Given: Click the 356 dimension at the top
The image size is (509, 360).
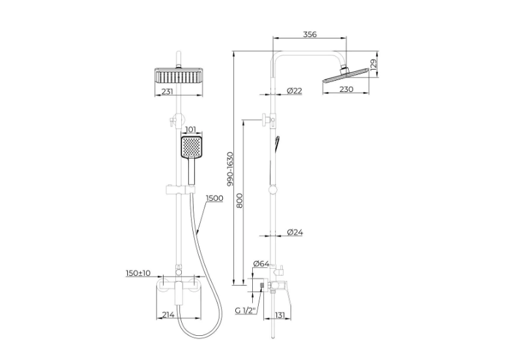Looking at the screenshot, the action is [x=310, y=34].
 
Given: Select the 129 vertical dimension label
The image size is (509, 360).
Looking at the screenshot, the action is [x=373, y=65].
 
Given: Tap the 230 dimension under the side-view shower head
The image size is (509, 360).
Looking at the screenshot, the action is [x=346, y=89].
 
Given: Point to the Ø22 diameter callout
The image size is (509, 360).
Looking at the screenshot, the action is [x=295, y=91].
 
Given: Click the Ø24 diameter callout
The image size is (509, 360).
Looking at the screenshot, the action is [x=295, y=232].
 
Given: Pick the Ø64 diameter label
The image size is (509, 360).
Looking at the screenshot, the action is [x=261, y=263].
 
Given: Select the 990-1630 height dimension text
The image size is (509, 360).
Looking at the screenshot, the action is [x=230, y=169].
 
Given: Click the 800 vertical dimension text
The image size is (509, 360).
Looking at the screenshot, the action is [x=239, y=201].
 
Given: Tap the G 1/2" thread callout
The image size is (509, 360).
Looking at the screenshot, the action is [x=246, y=310].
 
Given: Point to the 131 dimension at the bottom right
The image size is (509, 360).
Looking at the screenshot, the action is [x=280, y=315].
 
